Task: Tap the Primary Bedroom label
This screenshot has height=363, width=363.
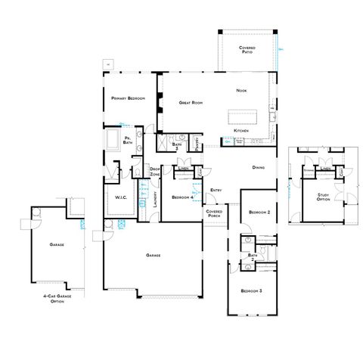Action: [x=127, y=98]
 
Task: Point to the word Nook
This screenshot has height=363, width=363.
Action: [x=242, y=91]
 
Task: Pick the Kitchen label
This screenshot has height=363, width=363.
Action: [x=241, y=131]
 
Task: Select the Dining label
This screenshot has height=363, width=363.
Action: [x=257, y=168]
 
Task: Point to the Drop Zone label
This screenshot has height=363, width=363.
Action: [x=154, y=172]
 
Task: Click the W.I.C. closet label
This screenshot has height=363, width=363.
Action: [x=121, y=198]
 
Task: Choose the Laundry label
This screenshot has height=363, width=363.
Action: [x=154, y=199]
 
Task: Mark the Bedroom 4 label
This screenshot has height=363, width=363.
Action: [x=181, y=197]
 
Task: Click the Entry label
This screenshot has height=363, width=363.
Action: [x=216, y=190]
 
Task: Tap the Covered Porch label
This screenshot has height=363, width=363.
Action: [x=214, y=214]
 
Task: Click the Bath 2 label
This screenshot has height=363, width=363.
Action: [x=253, y=257]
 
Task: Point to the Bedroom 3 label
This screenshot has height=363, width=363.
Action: [x=252, y=291]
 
